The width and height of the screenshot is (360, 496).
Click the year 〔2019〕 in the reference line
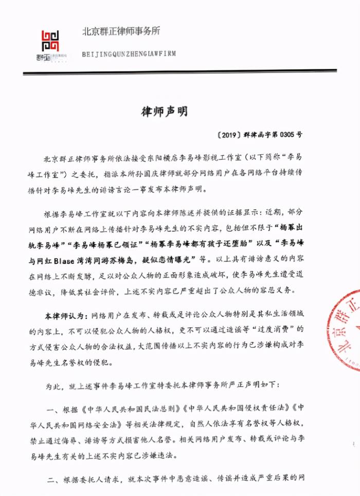[227, 135]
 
